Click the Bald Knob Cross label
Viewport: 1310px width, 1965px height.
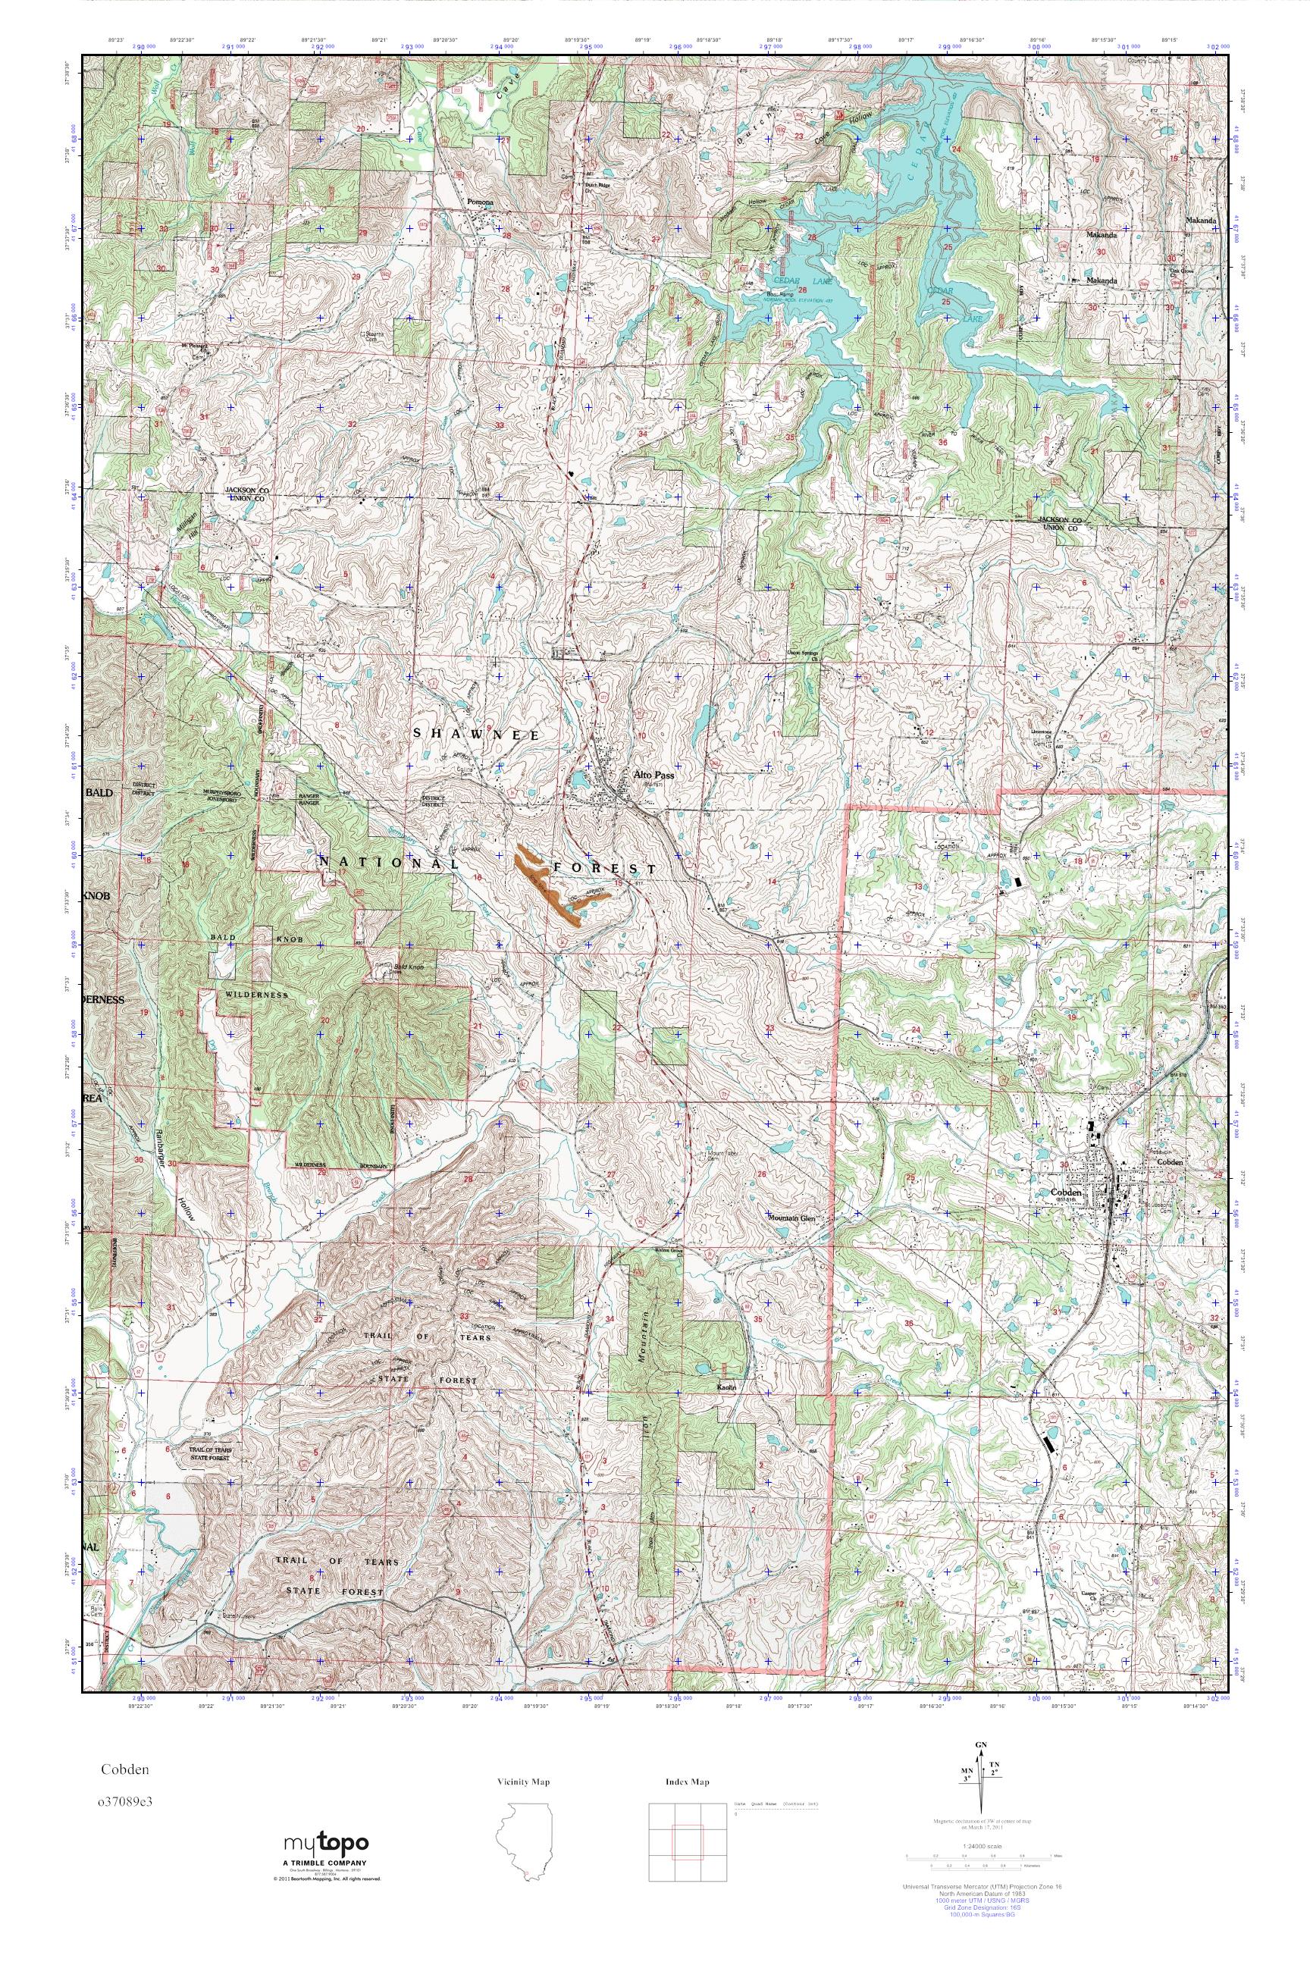tap(409, 968)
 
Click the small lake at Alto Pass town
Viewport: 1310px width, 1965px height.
tap(581, 780)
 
